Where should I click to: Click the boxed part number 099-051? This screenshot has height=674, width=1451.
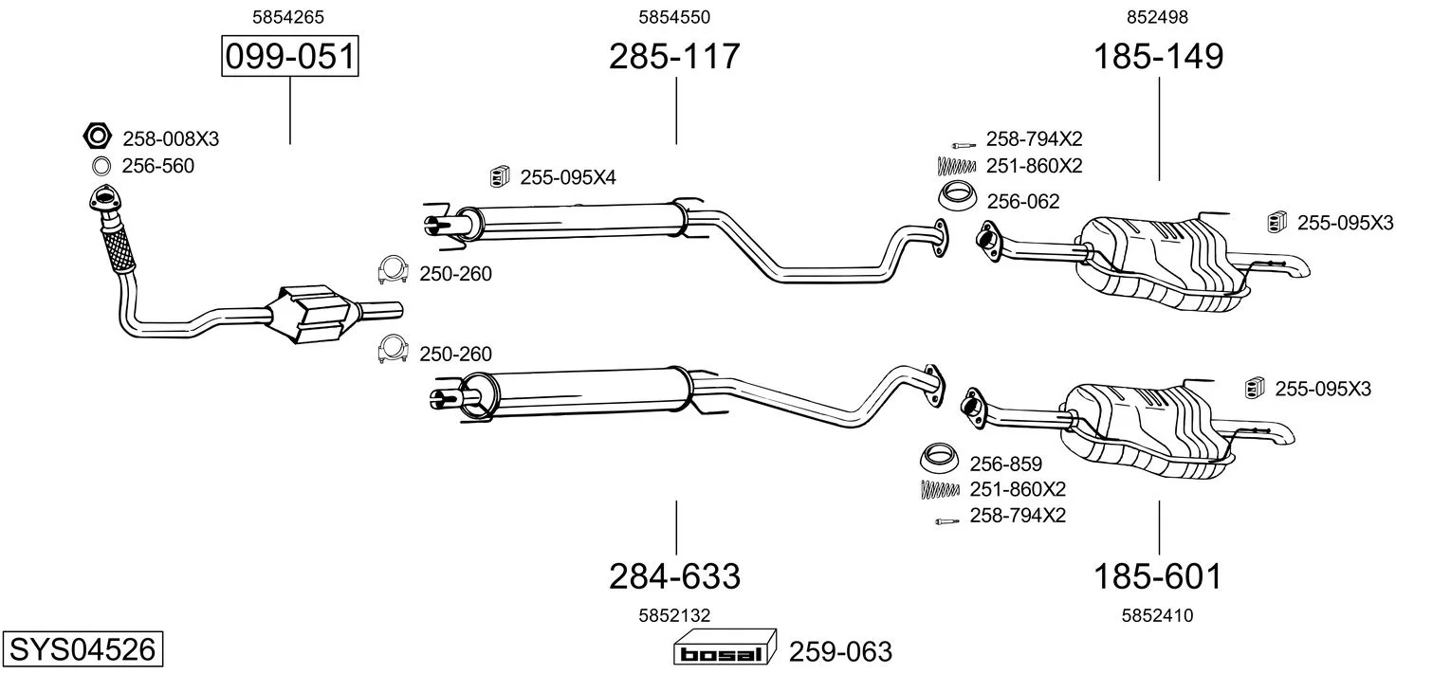(x=289, y=56)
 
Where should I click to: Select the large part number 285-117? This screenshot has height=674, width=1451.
(x=674, y=56)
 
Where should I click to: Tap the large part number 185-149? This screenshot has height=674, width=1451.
(x=1158, y=56)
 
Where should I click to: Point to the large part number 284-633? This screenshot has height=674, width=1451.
(x=674, y=575)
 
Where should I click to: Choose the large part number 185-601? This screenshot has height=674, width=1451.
(x=1157, y=575)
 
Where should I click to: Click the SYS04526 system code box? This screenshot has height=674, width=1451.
(x=83, y=648)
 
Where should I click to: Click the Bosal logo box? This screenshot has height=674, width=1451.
(x=725, y=648)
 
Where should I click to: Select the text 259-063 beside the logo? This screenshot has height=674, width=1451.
(x=840, y=651)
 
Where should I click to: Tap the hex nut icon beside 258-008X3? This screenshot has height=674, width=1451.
(x=98, y=136)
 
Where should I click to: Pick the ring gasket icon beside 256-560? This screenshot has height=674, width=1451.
(x=101, y=167)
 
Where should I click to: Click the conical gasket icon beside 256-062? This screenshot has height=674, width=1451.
(x=958, y=197)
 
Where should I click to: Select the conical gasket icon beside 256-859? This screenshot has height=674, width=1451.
(x=940, y=459)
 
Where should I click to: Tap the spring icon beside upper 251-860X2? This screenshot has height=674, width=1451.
(x=957, y=167)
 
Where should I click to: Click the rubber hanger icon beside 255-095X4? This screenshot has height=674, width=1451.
(x=498, y=176)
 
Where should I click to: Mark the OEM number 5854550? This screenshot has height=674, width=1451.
(x=674, y=17)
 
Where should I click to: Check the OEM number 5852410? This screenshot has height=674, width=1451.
(x=1157, y=615)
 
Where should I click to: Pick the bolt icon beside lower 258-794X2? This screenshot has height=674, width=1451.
(x=946, y=520)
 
